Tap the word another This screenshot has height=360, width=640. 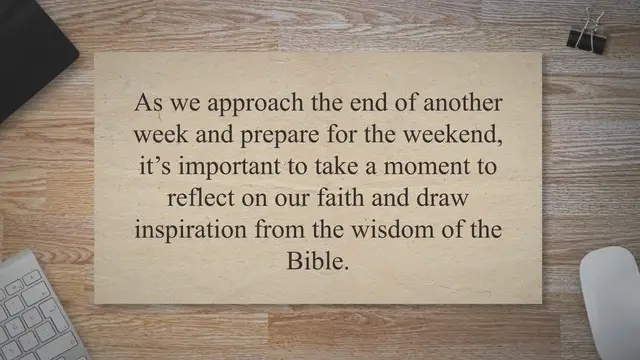pyautogui.click(x=462, y=104)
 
